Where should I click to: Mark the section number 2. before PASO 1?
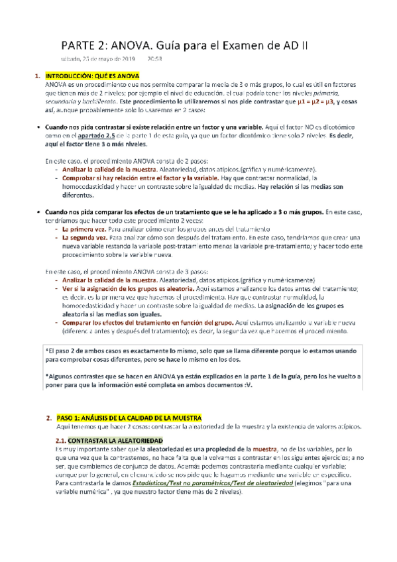click(49, 419)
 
